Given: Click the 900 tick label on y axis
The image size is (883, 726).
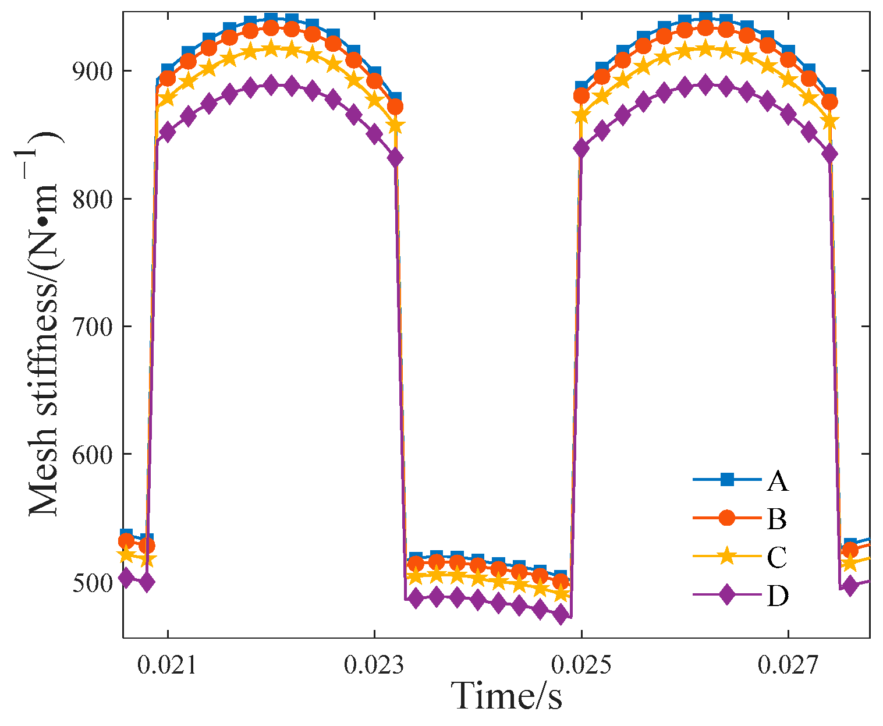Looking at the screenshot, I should pos(93,70).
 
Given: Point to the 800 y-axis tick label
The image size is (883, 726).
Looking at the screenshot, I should pos(93,199).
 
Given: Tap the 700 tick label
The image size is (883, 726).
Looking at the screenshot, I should pos(93,326).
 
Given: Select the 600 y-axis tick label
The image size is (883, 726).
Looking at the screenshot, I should pos(93,454).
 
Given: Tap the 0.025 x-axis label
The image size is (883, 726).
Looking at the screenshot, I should pos(581,665).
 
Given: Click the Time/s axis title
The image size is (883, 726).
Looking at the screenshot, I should pos(507,696).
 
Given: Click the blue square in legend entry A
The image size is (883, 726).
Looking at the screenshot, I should pos(726,480).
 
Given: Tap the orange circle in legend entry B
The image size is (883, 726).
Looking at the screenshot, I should pos(726,518).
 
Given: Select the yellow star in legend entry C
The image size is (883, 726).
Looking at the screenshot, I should pos(726,556).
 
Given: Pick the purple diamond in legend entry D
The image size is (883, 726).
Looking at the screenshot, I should pos(726,595).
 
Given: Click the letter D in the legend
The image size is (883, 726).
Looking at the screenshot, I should pos(777,596).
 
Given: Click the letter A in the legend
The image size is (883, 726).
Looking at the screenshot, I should pos(777,481).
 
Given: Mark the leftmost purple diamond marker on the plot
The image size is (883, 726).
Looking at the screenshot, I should pos(126,578).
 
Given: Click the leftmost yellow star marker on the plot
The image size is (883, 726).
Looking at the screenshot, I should pos(126,554).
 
